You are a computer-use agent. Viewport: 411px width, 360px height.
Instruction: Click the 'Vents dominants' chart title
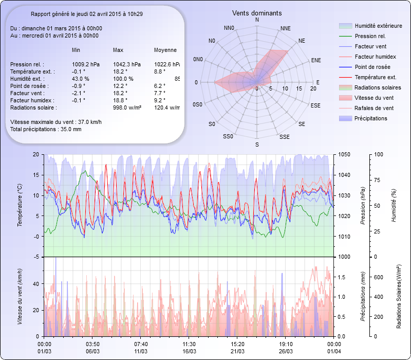point(257,13)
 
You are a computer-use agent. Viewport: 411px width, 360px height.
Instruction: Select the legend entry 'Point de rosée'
point(372,67)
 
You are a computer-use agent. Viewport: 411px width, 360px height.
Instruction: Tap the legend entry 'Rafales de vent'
point(374,109)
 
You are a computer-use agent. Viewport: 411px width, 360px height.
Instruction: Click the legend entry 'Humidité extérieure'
point(378,26)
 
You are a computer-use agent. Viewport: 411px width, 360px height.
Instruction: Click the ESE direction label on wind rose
point(315,105)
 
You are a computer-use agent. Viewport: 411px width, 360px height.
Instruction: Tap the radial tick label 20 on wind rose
point(313,89)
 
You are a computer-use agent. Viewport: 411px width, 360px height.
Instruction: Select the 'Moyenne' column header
point(165,50)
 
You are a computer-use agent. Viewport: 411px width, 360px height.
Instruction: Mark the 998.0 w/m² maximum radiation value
point(127,108)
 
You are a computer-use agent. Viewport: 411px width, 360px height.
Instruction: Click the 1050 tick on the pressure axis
point(345,154)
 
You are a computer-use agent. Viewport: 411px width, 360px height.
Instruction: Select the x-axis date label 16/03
point(189,351)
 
